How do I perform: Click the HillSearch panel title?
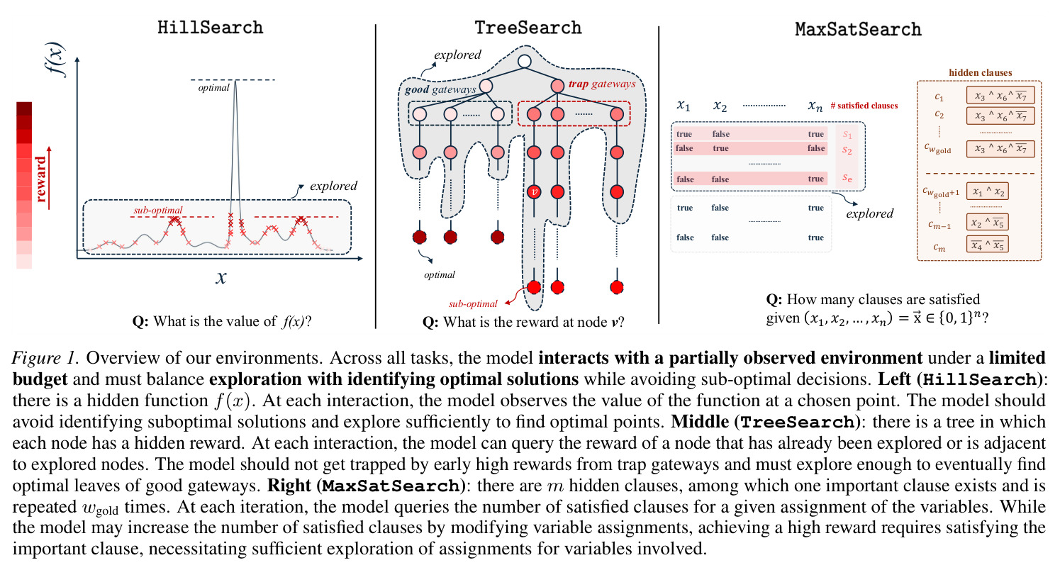(x=210, y=28)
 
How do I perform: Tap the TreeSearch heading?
(x=528, y=28)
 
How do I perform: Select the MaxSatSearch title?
(x=858, y=29)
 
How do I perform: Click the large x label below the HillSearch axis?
(x=221, y=277)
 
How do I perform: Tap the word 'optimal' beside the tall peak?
(x=213, y=88)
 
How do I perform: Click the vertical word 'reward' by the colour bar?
(x=40, y=179)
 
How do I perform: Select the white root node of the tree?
(x=524, y=61)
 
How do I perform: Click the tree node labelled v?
(x=535, y=191)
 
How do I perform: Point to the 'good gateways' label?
(x=440, y=89)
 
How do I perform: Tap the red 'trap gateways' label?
(x=602, y=84)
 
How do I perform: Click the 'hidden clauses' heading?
(x=980, y=72)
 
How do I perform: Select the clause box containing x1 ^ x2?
(x=987, y=191)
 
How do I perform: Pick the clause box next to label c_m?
(x=987, y=245)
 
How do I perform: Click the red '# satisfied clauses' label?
(x=864, y=106)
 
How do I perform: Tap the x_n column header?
(x=815, y=106)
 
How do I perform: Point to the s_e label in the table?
(x=847, y=179)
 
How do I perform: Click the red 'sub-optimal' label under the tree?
(x=473, y=303)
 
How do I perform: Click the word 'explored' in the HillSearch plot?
(x=334, y=186)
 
